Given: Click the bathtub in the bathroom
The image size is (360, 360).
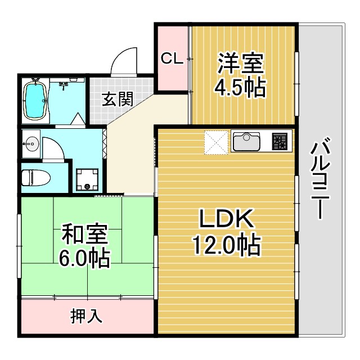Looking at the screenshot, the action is (35, 100).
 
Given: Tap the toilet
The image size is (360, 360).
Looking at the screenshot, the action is (35, 178).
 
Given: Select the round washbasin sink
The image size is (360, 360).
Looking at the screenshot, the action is (32, 144).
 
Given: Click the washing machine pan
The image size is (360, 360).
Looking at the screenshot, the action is (87, 180).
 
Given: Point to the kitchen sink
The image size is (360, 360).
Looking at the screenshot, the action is (246, 141).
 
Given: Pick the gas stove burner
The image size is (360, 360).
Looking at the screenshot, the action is (280, 141).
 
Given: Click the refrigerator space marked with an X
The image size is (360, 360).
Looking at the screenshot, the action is (216, 142).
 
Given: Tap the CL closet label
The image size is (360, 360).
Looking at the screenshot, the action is (172, 58).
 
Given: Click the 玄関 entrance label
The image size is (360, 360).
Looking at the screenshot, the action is (118, 99).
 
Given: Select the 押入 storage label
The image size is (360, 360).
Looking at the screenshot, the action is (86, 316).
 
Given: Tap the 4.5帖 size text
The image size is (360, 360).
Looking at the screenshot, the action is (240, 88).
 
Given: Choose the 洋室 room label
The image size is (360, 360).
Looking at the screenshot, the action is (240, 64).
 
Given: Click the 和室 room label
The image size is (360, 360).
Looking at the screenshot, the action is (85, 233).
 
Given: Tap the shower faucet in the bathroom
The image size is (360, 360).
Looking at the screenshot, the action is (64, 85).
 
